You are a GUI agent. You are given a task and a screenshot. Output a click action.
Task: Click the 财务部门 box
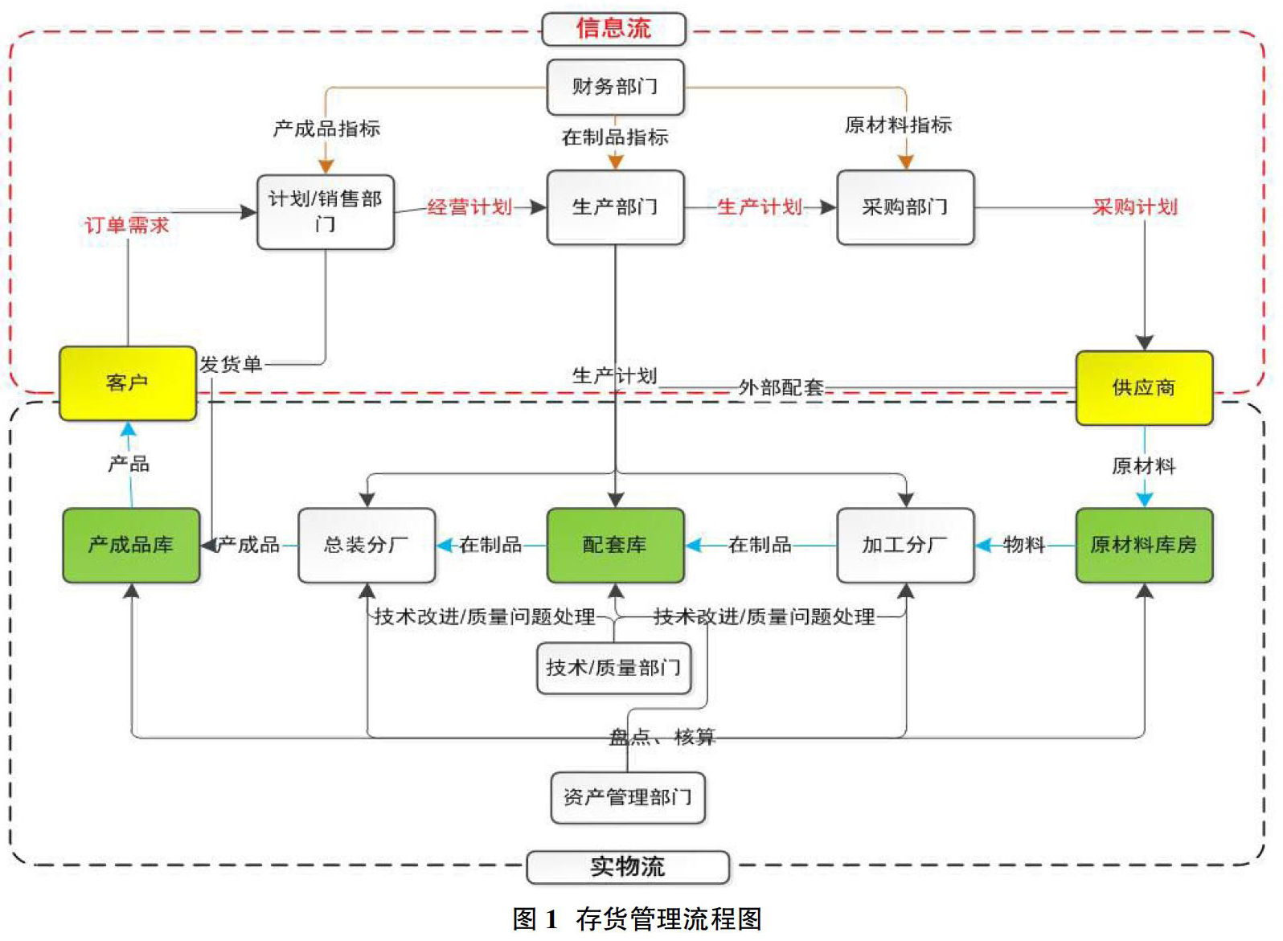616,87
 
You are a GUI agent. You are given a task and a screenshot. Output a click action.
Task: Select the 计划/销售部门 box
326,212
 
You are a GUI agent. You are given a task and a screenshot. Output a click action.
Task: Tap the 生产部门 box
616,207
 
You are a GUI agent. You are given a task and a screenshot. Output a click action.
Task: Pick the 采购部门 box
905,207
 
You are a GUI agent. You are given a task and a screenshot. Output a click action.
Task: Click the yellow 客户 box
128,383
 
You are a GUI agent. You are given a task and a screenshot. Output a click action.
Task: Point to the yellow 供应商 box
1145,388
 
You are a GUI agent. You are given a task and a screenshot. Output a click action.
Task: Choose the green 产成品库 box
131,546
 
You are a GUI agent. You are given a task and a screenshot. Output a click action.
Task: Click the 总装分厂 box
367,546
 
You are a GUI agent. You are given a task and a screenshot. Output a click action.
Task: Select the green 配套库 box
616,546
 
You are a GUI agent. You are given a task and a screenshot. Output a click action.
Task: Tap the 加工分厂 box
905,546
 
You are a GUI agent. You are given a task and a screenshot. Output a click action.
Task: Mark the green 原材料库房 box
1145,546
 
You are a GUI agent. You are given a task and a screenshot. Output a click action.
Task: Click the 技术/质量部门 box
614,669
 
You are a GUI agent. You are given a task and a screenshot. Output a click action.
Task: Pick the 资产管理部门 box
628,798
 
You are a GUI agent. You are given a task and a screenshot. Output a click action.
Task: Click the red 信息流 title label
614,29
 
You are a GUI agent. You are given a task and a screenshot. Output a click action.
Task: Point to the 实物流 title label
628,867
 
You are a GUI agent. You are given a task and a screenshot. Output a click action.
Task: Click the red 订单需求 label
127,225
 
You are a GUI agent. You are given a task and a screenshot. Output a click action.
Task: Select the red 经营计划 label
469,207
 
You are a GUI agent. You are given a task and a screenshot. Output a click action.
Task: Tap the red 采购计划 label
1135,207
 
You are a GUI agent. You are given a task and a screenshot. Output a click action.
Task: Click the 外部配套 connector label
781,388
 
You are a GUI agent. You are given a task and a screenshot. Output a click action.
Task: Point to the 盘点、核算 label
662,737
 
